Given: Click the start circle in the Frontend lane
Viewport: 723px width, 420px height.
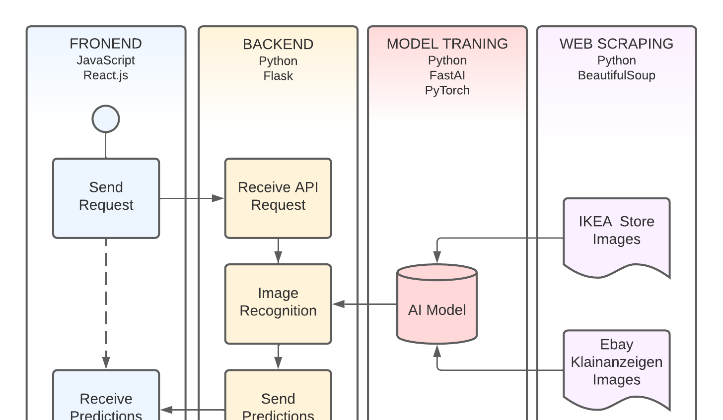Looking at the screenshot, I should (106, 119).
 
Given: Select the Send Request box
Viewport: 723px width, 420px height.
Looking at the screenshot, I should (106, 198).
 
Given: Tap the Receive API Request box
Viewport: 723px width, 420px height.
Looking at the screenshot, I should (278, 198).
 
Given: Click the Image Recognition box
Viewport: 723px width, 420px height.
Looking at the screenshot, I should (278, 303).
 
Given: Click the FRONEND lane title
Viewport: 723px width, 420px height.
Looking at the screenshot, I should (106, 44).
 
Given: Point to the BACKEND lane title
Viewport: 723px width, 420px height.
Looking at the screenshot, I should (278, 44).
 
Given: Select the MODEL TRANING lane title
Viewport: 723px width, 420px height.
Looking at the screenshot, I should (447, 44).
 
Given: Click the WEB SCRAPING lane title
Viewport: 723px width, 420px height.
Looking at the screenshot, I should (616, 44).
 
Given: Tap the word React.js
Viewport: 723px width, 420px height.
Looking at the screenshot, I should (106, 75).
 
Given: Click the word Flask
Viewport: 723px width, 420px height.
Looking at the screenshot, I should (278, 76).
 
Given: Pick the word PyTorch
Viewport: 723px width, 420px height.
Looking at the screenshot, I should (447, 90).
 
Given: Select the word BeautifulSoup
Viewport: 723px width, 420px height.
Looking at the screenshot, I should (616, 75).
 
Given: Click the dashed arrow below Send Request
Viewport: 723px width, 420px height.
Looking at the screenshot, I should (106, 302).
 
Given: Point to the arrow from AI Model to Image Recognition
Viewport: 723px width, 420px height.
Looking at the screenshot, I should (364, 304).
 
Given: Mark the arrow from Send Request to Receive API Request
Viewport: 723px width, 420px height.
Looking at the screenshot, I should (192, 198).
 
